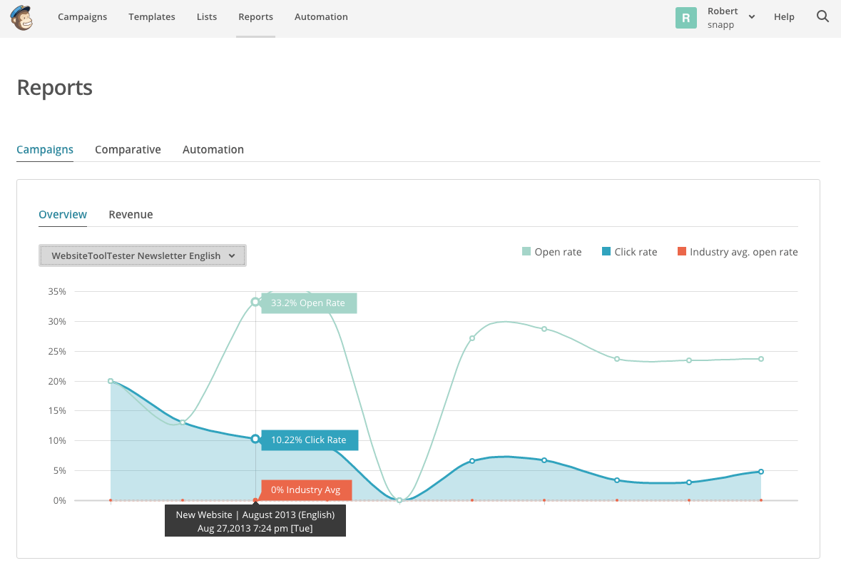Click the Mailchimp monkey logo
point(21,18)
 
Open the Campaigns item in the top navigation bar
point(82,17)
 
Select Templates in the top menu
point(152,17)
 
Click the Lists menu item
point(207,17)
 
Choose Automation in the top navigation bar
point(321,17)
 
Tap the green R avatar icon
point(685,18)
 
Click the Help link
point(784,17)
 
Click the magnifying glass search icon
point(822,16)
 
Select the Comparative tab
point(128,150)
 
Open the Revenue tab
point(131,215)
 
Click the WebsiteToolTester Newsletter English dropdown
point(142,255)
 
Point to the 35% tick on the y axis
point(56,292)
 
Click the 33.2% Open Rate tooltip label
point(308,303)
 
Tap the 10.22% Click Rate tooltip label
point(309,440)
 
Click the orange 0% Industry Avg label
point(306,490)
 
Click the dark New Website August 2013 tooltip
point(255,521)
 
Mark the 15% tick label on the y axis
point(56,411)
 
